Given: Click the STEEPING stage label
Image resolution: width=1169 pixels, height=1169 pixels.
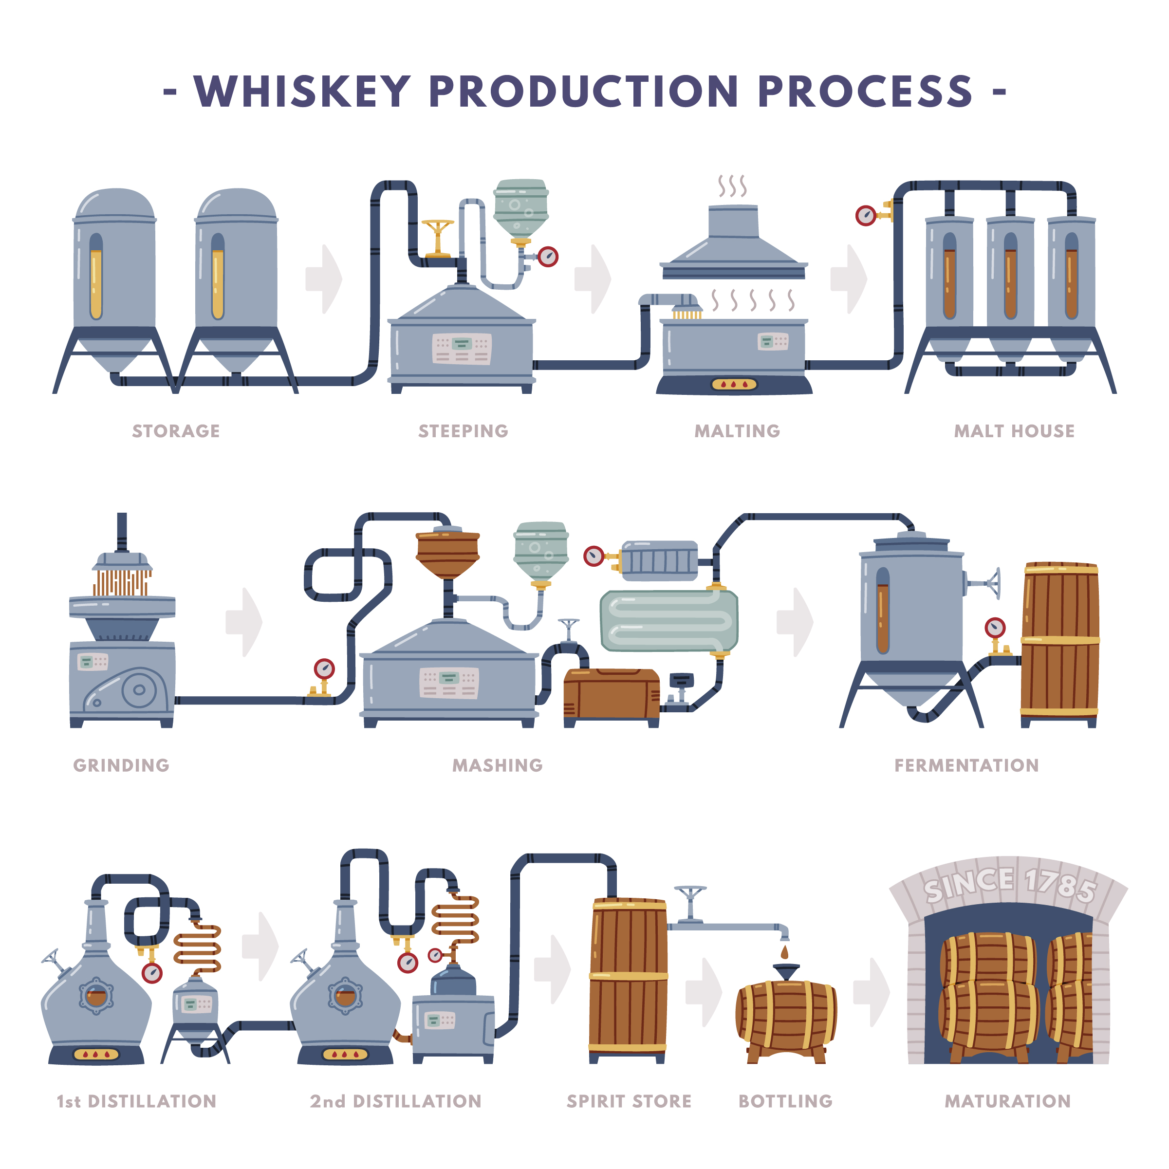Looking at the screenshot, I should coord(463,431).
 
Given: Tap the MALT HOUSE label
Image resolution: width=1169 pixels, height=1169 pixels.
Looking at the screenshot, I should coord(1014,431).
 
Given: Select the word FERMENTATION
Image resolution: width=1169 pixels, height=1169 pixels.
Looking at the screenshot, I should coord(966,765).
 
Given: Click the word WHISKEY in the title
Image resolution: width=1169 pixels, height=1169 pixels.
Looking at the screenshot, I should coord(302,92).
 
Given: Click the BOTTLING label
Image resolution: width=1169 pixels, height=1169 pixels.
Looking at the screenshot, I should coord(785,1101).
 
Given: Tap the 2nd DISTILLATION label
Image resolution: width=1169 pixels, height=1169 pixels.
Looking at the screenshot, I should coord(396,1101).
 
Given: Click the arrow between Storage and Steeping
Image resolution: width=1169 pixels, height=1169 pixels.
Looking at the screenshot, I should coord(324,279).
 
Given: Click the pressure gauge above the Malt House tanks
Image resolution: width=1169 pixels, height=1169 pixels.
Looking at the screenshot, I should coord(866,215).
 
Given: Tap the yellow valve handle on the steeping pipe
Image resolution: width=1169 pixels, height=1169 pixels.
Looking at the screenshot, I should coord(438,227).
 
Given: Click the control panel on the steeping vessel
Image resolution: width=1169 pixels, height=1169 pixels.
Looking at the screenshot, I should coord(462,349).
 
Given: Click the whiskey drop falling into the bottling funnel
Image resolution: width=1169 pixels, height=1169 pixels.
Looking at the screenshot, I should coord(785,952).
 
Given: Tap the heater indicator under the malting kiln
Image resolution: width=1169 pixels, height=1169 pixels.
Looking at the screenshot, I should coord(734,384).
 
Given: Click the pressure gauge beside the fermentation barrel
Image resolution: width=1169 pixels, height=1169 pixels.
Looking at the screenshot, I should coord(995,628).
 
